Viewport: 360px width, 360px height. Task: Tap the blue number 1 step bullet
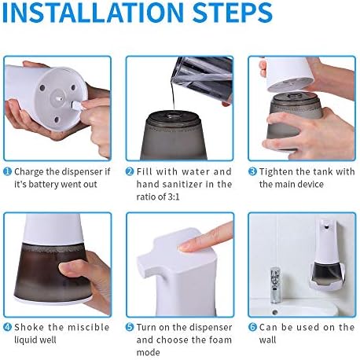click(7, 172)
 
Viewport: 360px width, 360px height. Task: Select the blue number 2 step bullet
click(130, 172)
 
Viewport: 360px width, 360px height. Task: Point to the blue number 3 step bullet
click(252, 172)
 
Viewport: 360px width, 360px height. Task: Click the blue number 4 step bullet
click(7, 327)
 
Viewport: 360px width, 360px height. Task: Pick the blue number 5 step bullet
click(130, 327)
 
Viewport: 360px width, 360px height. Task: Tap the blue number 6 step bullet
click(252, 327)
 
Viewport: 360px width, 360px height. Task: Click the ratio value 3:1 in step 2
click(173, 197)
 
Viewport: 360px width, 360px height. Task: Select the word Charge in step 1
click(29, 172)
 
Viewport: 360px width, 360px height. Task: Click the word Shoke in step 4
click(29, 327)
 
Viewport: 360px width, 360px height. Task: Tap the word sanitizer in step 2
click(182, 184)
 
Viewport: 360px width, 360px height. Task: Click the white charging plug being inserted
click(76, 105)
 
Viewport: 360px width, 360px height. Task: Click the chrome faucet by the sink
click(274, 285)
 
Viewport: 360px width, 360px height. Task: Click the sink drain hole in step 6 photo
click(274, 312)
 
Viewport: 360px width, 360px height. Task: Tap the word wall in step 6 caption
click(267, 340)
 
